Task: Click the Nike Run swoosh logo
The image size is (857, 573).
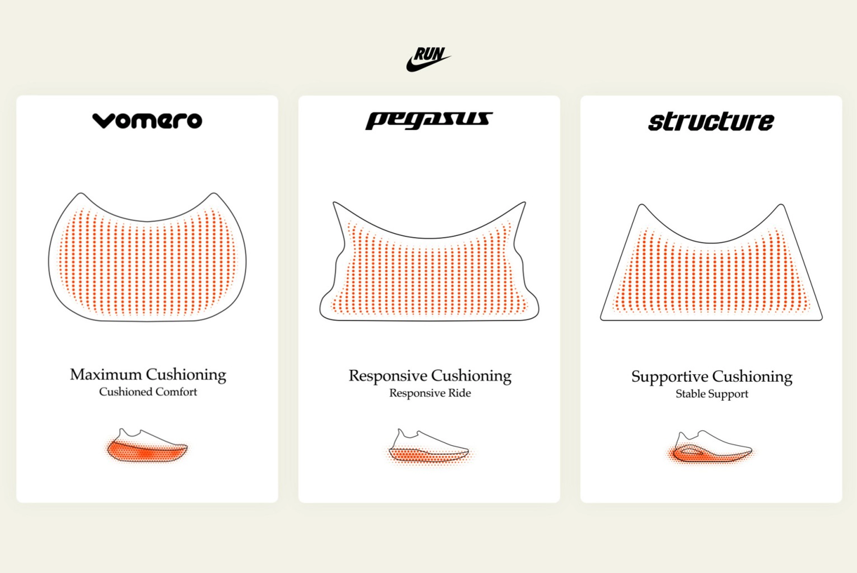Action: tap(428, 59)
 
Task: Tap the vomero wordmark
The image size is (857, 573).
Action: tap(147, 121)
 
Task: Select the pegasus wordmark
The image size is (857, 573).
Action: tap(429, 121)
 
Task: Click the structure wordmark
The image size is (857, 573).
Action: tap(711, 122)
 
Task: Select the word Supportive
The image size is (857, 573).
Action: tap(670, 377)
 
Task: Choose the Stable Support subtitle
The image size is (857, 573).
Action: tap(711, 394)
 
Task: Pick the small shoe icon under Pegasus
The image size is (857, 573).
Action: tap(429, 447)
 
